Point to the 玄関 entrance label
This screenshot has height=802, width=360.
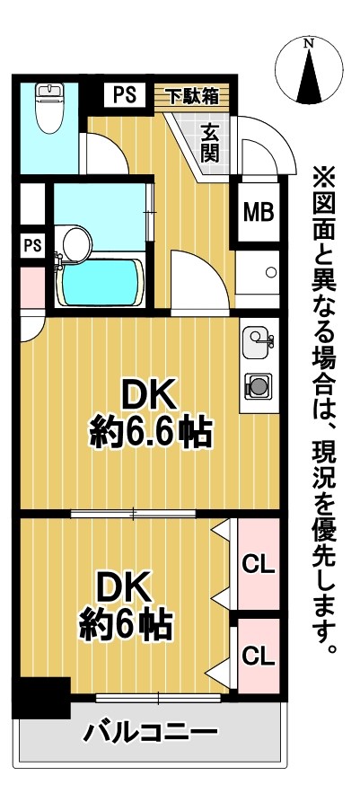[210, 140]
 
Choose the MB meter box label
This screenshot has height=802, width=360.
[259, 213]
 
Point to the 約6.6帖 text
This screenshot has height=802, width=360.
[151, 435]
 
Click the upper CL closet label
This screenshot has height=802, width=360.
[259, 565]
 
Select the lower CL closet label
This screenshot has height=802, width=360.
[259, 655]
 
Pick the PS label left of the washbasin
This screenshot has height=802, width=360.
[31, 244]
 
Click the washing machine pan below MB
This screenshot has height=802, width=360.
[259, 273]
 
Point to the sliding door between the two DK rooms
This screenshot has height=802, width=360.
[133, 514]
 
